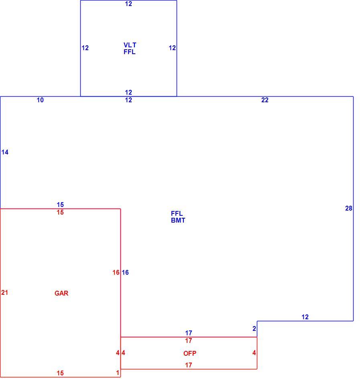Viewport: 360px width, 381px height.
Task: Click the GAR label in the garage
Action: (x=61, y=293)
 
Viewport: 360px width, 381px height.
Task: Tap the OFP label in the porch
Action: (x=189, y=353)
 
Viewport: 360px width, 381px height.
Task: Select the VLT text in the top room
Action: (x=130, y=45)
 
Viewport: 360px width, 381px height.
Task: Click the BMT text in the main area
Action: (x=178, y=220)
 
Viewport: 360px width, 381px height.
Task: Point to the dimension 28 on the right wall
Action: (x=349, y=208)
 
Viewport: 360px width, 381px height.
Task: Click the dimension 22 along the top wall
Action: (x=265, y=100)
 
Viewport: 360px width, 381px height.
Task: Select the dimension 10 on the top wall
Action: (x=40, y=100)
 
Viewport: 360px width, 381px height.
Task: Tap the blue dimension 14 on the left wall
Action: (x=5, y=152)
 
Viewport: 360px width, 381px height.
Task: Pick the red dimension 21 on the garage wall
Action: (x=5, y=292)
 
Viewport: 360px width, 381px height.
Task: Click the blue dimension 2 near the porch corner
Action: (x=254, y=328)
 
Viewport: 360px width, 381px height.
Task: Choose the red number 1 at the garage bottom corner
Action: (x=118, y=373)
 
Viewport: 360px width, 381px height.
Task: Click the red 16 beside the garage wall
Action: (x=116, y=272)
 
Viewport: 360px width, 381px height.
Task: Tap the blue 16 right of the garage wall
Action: (x=125, y=272)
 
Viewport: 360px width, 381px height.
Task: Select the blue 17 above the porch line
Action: (x=188, y=332)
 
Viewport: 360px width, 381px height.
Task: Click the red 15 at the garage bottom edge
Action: (x=60, y=373)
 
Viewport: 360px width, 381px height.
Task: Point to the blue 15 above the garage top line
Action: (x=60, y=205)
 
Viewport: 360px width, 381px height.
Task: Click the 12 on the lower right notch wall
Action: (x=305, y=317)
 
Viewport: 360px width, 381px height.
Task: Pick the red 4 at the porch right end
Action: (x=254, y=353)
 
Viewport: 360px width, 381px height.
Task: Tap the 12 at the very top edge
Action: (x=128, y=4)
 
